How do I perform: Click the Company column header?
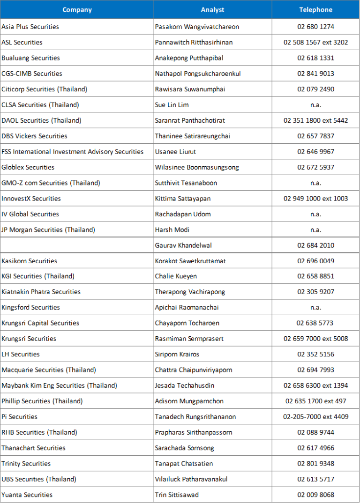click(x=77, y=10)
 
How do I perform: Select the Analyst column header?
click(x=212, y=10)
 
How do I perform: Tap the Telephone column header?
click(x=315, y=10)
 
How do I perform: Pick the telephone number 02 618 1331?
click(x=315, y=58)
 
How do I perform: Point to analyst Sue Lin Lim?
click(x=172, y=105)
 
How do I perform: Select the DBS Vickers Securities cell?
click(x=34, y=136)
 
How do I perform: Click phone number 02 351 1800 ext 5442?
click(x=315, y=120)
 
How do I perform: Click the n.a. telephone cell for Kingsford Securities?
click(x=315, y=308)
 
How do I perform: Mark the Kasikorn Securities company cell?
click(x=29, y=261)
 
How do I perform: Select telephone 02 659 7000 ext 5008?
click(x=315, y=339)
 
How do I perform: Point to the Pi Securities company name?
click(x=19, y=417)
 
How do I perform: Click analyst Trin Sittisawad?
click(x=177, y=495)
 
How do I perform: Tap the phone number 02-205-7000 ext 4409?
click(x=315, y=417)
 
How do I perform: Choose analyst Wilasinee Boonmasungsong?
click(x=197, y=167)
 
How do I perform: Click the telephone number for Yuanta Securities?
click(x=315, y=495)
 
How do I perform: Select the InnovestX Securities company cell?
click(x=31, y=199)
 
